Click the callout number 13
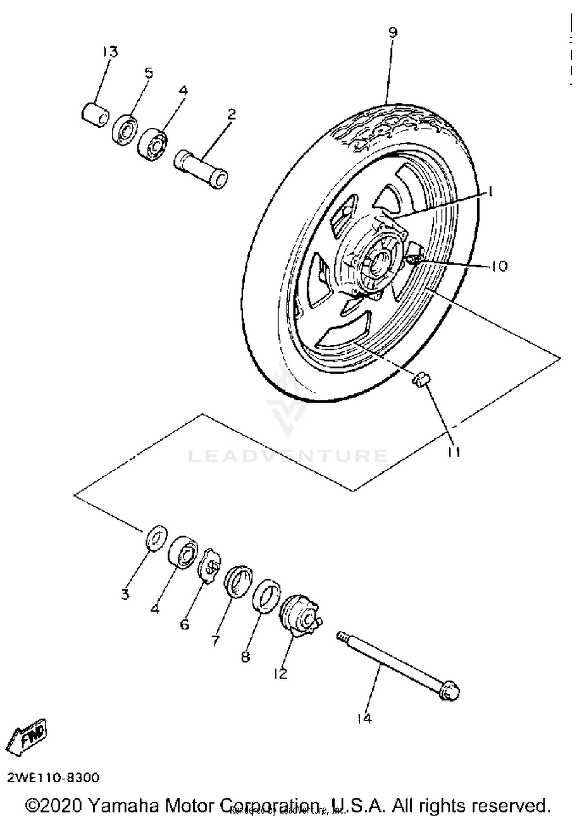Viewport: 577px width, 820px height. tap(110, 51)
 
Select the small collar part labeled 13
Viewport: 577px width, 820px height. tap(95, 115)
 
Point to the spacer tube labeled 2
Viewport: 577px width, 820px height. tap(201, 170)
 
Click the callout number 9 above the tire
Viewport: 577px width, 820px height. tap(392, 33)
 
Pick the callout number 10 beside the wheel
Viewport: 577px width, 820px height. tap(499, 266)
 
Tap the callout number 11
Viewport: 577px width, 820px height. tap(454, 452)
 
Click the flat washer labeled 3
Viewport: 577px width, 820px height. tap(157, 538)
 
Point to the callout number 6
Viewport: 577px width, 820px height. tap(185, 624)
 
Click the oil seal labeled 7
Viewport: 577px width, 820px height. tap(238, 581)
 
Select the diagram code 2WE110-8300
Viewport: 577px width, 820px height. tap(53, 777)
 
